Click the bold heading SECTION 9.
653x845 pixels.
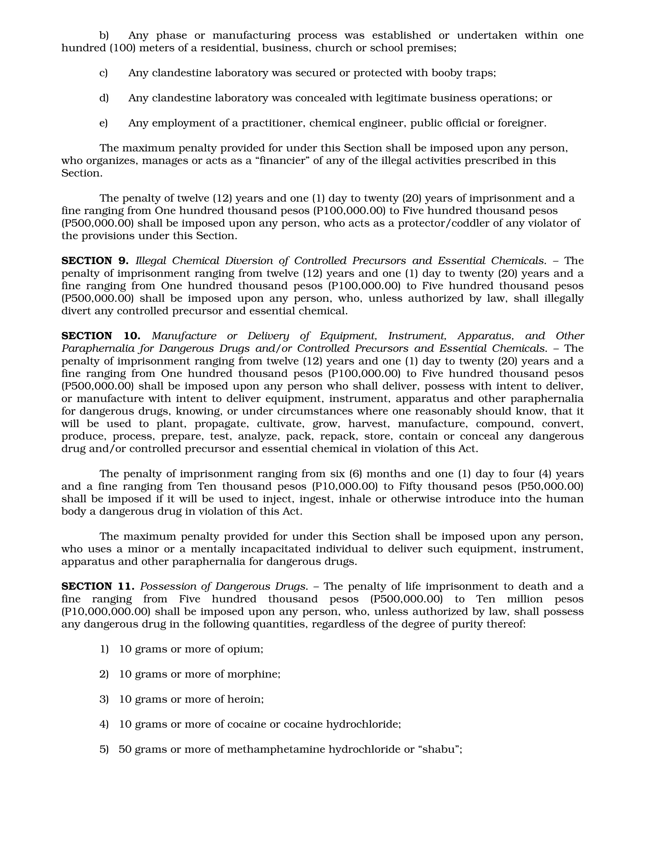[94, 261]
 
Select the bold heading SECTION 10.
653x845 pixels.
[100, 336]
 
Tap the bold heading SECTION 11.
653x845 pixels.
[98, 586]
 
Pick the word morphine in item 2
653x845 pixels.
[253, 674]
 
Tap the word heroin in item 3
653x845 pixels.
[245, 700]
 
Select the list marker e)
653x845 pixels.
[103, 123]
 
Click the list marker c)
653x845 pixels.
[103, 73]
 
